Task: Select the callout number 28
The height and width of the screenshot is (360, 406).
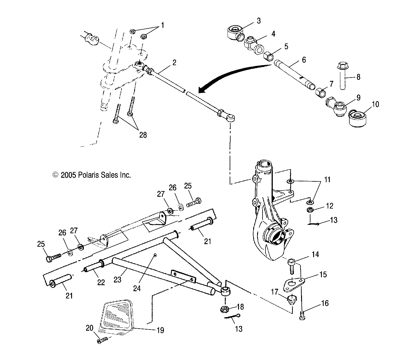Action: tap(143, 135)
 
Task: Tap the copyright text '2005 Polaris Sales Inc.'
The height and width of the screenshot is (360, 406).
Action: tap(92, 175)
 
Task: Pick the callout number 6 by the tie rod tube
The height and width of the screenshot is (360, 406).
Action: tap(304, 60)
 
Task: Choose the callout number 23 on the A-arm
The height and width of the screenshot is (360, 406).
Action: tap(117, 280)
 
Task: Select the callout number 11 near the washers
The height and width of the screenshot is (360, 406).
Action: tap(327, 180)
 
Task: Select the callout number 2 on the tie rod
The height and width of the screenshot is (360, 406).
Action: tap(174, 63)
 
